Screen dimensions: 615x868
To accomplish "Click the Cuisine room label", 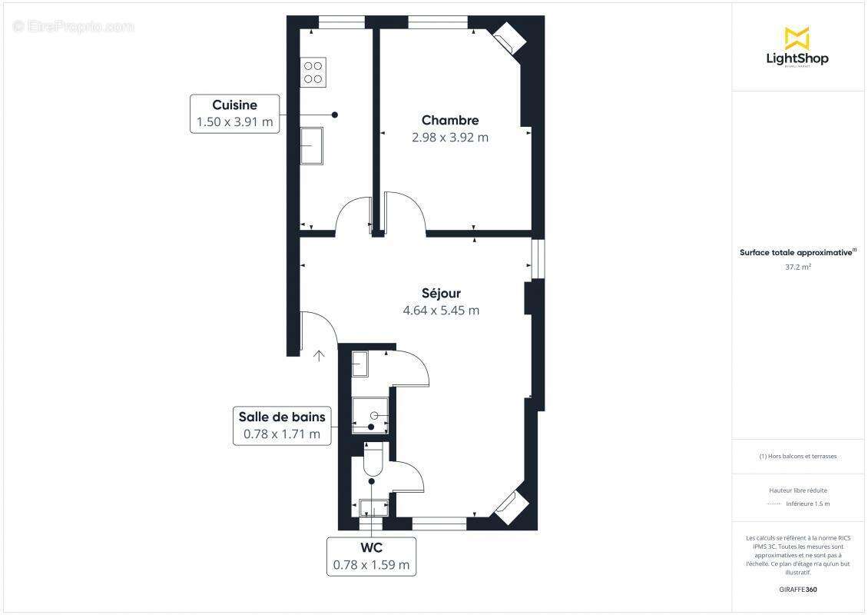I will click(x=234, y=105).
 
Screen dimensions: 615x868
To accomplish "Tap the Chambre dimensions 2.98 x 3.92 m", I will click(x=451, y=138).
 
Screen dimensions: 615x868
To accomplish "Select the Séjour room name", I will click(x=441, y=293).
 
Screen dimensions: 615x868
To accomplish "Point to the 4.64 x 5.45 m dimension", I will click(x=441, y=311).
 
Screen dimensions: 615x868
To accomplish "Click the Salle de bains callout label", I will click(x=282, y=417).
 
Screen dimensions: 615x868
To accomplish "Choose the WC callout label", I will click(x=371, y=548).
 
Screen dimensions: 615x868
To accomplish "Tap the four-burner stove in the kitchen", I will click(x=313, y=71).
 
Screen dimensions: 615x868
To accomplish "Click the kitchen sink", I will click(x=311, y=146).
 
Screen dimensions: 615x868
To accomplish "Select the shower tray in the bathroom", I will click(x=372, y=416).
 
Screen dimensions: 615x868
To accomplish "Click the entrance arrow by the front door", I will click(x=319, y=355).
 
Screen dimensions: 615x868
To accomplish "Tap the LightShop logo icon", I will click(x=797, y=38).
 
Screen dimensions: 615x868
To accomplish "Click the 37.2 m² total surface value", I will click(x=798, y=268).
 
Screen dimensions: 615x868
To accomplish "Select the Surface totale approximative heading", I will click(x=797, y=252).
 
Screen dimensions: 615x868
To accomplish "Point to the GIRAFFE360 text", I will click(x=798, y=590).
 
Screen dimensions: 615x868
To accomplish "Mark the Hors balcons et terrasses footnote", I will click(x=798, y=456).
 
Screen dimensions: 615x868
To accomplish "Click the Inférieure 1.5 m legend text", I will click(x=807, y=504).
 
